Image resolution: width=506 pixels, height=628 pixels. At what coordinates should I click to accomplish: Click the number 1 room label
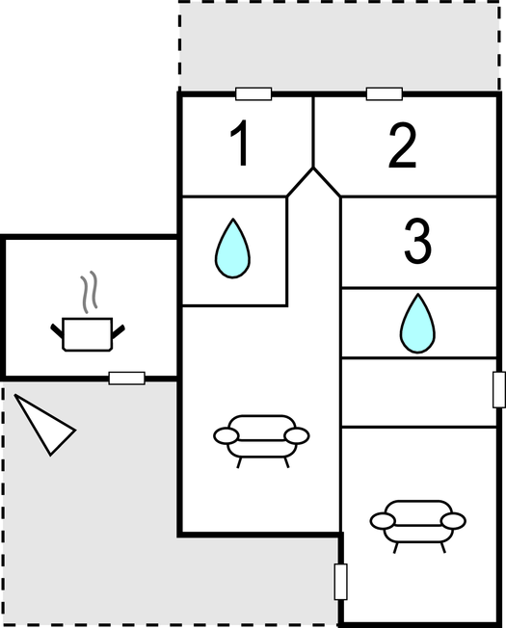240,144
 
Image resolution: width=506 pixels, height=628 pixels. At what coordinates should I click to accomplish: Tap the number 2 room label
403,145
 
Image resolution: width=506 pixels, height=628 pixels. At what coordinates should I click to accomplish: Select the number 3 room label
417,242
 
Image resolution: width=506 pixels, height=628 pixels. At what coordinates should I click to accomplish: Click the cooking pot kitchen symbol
88,334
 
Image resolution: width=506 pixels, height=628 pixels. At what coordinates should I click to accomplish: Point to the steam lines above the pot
89,291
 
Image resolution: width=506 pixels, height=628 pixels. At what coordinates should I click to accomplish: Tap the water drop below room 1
232,249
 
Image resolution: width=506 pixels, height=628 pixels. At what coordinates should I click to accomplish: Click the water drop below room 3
417,324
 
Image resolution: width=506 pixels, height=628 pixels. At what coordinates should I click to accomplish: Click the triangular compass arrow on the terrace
44,426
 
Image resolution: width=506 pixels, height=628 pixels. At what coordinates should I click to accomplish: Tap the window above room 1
253,94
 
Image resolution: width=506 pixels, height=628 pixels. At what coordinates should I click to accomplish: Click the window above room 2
385,94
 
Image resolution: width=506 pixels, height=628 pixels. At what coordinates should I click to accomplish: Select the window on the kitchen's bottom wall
126,379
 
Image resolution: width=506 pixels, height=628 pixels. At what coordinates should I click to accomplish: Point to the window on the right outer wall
499,390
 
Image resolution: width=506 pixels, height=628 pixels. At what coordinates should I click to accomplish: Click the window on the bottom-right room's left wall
340,582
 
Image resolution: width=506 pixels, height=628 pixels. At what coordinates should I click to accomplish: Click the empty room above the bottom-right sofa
418,393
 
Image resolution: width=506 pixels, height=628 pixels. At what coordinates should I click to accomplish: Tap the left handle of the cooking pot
57,330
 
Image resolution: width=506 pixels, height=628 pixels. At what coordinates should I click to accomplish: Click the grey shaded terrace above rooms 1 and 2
339,47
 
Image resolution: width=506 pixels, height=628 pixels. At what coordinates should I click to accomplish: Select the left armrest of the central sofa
226,435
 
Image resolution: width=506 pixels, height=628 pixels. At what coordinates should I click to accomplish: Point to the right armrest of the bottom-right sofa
453,521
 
